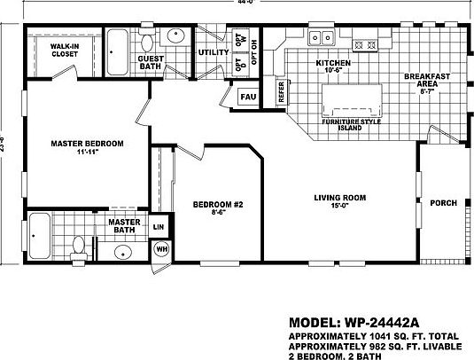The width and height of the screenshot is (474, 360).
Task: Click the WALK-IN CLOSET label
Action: tap(64, 49)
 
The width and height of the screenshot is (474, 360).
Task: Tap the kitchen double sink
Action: tap(323, 37)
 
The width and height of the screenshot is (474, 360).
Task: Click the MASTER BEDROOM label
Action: tap(86, 144)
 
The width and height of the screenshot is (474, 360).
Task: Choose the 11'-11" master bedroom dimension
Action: tap(86, 153)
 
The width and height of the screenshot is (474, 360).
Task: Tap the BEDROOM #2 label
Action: tap(212, 206)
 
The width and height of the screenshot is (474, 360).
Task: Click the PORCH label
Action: tap(443, 203)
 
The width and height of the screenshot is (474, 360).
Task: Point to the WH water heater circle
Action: tap(162, 249)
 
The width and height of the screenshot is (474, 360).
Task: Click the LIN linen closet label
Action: tap(159, 227)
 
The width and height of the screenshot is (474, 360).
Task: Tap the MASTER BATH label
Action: tap(125, 227)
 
